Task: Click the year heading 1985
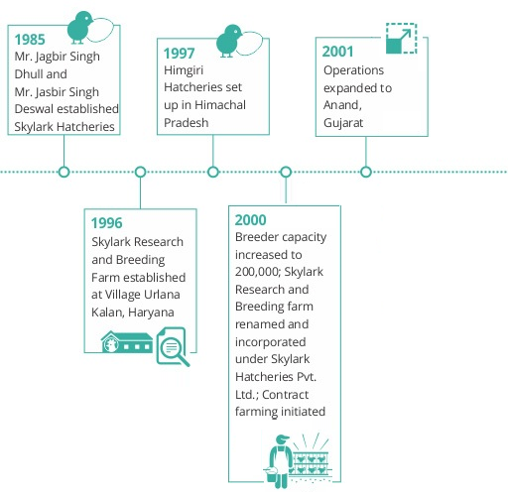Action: coord(30,40)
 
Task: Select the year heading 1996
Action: coord(107,223)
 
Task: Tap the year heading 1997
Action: coord(179,54)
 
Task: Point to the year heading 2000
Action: coord(250,220)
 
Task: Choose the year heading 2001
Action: coord(337,52)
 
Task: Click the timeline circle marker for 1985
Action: coord(63,172)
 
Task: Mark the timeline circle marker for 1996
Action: coord(141,172)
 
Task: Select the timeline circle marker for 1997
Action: coord(213,172)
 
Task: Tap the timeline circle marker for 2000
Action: coord(286,172)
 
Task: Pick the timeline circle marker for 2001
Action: coord(366,172)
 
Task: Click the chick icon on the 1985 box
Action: coord(79,28)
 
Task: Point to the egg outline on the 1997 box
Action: coord(250,43)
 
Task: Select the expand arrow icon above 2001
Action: coord(401,39)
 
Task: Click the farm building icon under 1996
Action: coord(127,342)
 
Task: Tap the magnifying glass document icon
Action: coord(173,346)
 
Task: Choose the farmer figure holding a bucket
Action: coord(279,461)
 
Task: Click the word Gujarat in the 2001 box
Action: coord(343,123)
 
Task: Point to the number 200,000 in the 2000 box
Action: coord(258,272)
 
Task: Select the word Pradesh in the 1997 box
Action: coord(187,123)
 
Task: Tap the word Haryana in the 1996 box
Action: coord(151,313)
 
